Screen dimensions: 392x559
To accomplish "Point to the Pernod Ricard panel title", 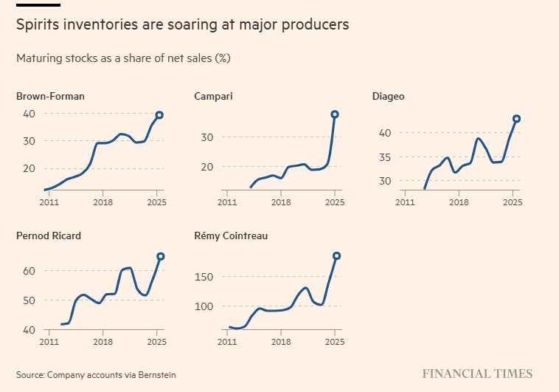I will click(x=49, y=236).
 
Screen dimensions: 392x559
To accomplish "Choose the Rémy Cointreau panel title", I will click(x=231, y=236).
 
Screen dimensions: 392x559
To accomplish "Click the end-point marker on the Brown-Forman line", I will click(x=159, y=115).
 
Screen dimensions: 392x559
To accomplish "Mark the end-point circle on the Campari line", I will click(x=335, y=114).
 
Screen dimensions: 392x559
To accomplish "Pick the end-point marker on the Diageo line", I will click(x=517, y=119).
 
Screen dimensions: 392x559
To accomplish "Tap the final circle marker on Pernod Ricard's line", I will click(x=161, y=256).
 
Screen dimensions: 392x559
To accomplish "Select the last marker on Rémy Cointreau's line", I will click(x=337, y=256).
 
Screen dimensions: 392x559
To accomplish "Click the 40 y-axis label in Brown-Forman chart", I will click(x=29, y=114).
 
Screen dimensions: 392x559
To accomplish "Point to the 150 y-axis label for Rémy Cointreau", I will click(x=204, y=277).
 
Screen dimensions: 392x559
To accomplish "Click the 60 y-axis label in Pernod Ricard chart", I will click(x=29, y=271).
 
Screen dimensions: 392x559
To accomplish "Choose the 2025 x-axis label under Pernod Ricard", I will click(x=156, y=343).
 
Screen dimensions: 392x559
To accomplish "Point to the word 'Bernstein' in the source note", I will click(x=156, y=375).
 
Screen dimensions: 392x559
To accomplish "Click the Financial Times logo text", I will click(x=476, y=374).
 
